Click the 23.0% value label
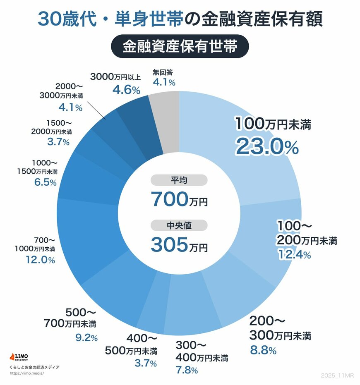(x=267, y=146)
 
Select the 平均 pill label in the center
(x=178, y=180)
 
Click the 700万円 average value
(x=179, y=200)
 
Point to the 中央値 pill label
(x=178, y=225)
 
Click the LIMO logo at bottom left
(x=19, y=357)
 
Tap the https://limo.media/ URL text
(x=26, y=373)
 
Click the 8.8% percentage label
(x=263, y=351)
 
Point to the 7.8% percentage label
(x=187, y=370)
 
